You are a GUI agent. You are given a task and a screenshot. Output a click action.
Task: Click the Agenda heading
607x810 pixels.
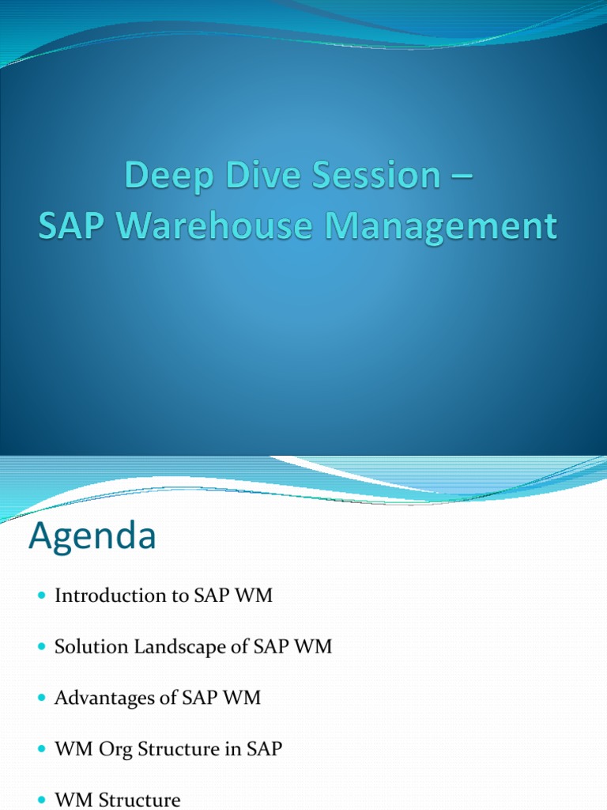92,537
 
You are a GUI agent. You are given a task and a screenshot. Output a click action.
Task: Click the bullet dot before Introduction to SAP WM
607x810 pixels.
42,596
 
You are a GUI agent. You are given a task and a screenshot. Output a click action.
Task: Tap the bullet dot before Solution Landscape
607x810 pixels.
42,647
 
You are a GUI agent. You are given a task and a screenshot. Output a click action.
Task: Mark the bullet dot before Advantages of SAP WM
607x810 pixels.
42,698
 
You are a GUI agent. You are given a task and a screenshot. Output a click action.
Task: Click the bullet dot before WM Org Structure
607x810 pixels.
42,749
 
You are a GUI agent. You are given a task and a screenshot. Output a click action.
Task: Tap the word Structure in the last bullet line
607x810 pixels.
138,801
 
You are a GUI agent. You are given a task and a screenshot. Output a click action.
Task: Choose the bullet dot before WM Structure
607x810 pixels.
42,801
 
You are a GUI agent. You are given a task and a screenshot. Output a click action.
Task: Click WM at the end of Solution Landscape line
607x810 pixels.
314,647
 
